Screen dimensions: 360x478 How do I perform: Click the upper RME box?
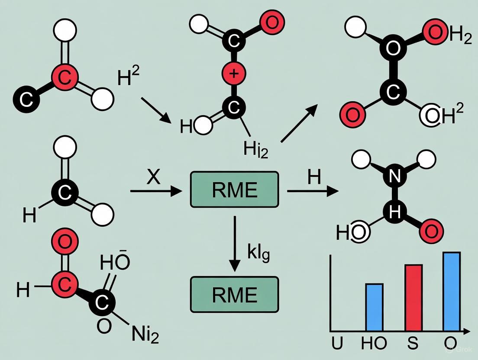234,190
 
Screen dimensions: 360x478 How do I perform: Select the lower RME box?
234,294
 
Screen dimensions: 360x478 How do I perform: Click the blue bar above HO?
374,307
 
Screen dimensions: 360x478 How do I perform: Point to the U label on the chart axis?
337,344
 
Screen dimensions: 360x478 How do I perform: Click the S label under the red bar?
412,344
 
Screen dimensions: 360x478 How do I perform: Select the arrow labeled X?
156,190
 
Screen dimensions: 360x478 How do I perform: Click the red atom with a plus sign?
234,74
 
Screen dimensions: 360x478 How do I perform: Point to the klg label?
258,253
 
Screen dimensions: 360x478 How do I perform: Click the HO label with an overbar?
115,262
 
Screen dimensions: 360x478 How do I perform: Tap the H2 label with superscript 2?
129,78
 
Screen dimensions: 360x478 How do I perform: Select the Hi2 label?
255,150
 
